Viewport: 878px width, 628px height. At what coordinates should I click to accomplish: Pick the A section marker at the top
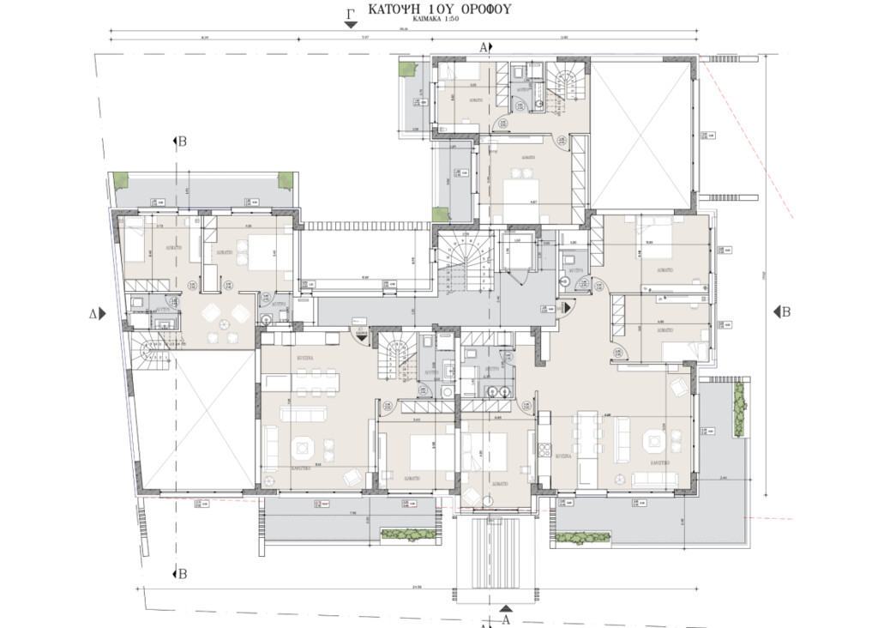click(x=484, y=46)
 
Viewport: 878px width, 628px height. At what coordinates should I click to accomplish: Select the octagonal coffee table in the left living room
click(x=301, y=447)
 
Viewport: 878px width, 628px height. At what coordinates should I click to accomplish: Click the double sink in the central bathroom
click(x=495, y=391)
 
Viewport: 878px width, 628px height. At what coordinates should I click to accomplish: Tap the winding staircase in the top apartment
click(x=566, y=85)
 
